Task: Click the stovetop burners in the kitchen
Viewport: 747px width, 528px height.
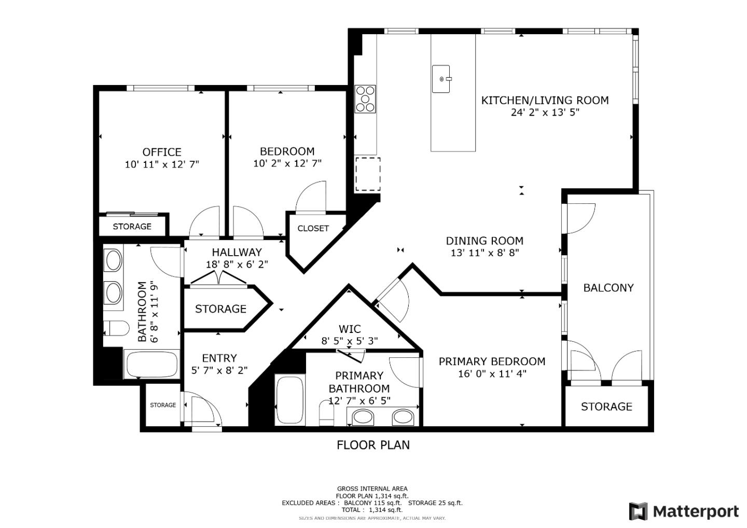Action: (x=366, y=99)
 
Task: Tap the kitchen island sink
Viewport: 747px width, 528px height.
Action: (x=441, y=79)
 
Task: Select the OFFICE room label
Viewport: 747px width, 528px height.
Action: (x=162, y=152)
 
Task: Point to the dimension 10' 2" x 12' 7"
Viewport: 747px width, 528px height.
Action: (x=287, y=163)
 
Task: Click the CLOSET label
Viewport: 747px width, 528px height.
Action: (x=313, y=228)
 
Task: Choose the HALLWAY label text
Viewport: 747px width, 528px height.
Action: (x=237, y=252)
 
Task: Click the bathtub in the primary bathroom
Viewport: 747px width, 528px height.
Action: (x=289, y=400)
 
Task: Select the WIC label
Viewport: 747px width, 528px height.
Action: (x=350, y=329)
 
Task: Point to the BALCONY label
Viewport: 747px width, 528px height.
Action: (x=608, y=288)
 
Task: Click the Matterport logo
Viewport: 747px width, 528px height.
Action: (x=684, y=511)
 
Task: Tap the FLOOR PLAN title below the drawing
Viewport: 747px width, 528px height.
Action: (x=373, y=445)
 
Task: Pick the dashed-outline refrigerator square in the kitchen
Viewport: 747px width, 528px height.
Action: (x=368, y=174)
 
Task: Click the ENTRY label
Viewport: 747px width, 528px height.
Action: (x=219, y=358)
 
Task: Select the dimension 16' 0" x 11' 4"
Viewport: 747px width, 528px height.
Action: (x=492, y=373)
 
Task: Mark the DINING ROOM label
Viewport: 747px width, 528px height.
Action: (x=485, y=241)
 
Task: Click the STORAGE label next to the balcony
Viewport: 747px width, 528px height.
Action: (x=606, y=406)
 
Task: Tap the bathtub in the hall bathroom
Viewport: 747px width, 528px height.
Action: (x=151, y=364)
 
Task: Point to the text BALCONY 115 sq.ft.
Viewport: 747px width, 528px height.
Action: (x=373, y=503)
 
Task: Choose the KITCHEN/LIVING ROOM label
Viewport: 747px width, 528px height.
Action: (x=545, y=100)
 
